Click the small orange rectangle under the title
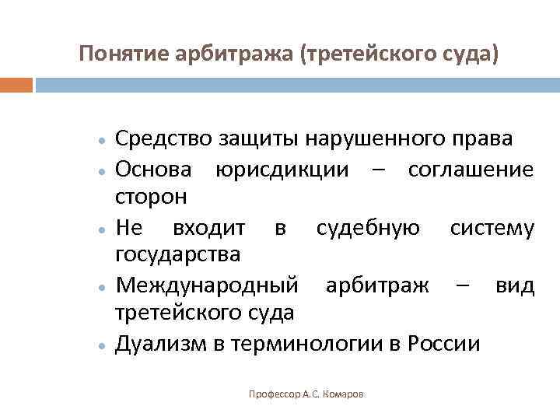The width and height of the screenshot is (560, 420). coord(16,84)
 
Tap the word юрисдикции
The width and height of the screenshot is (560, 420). coord(283,168)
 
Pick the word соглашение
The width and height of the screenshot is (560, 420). coord(471,168)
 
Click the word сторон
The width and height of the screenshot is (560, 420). coord(151,197)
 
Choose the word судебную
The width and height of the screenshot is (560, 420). coord(369,227)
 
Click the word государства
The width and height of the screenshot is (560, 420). coord(178,254)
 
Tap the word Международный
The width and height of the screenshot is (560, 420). coord(206,285)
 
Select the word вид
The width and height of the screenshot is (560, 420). coord(516,285)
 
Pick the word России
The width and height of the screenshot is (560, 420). coord(444,343)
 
